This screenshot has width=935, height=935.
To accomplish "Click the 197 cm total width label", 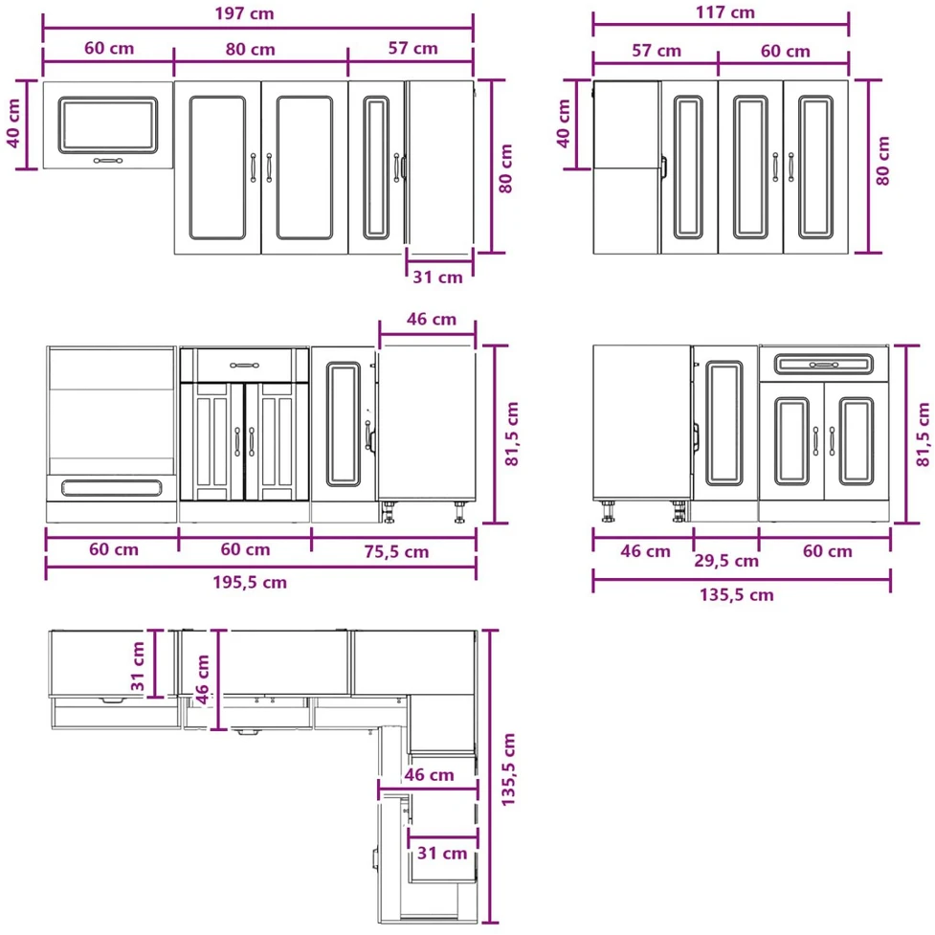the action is [244, 13].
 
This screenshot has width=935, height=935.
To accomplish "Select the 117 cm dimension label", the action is [725, 11].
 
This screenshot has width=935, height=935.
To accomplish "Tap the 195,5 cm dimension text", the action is [250, 582].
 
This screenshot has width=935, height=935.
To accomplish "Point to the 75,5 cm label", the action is [396, 551].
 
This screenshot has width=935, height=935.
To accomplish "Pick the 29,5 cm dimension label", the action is [726, 561].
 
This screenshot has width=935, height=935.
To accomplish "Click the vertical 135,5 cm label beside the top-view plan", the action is [508, 769].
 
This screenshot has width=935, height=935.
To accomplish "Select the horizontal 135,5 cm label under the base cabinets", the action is [737, 594].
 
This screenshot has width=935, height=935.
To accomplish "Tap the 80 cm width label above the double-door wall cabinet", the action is [251, 49].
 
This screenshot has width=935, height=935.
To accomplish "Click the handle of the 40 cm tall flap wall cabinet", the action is [108, 161].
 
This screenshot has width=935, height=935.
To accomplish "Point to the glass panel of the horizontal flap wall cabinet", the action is [108, 125].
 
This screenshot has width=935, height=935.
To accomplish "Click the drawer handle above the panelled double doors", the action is [244, 365].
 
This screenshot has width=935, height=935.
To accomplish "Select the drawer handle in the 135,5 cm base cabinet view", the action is [824, 365].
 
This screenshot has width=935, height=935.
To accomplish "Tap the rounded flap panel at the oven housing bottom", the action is [112, 488].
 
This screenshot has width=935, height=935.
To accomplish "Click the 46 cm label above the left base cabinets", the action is [432, 319].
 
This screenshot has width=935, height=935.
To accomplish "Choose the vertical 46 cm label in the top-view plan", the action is [202, 679].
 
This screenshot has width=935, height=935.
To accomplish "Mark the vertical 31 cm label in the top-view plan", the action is [138, 666].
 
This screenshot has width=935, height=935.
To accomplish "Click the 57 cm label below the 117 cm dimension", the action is [657, 51].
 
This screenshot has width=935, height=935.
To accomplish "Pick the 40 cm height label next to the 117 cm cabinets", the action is [564, 123].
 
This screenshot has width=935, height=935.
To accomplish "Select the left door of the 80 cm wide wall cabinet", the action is [217, 167].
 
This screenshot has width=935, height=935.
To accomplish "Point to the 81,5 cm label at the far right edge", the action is [923, 434].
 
